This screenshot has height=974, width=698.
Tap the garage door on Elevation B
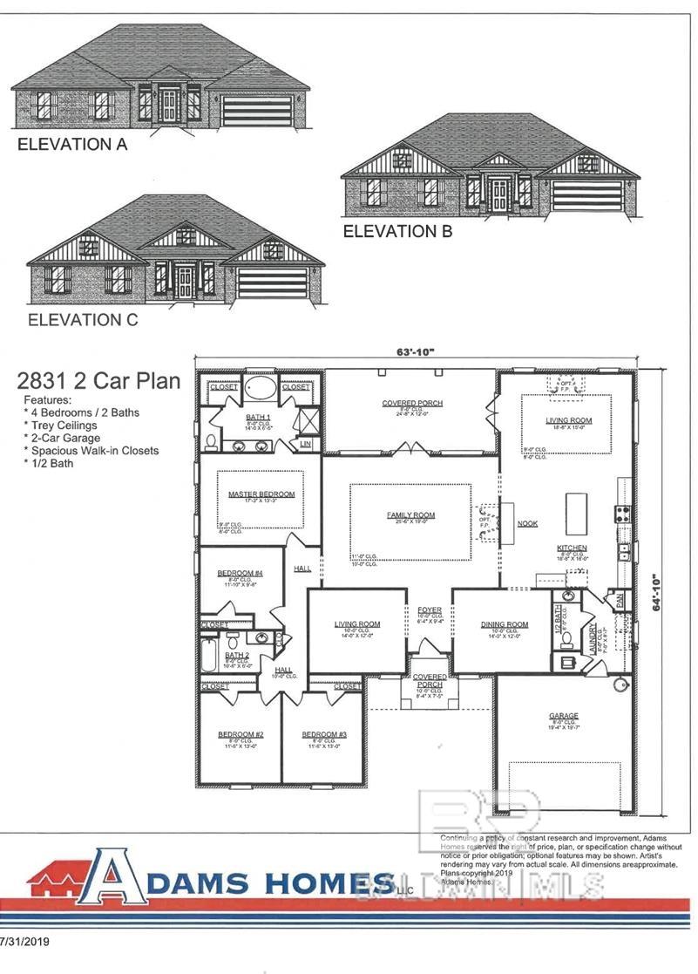coord(587,194)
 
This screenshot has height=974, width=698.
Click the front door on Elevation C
coord(185,281)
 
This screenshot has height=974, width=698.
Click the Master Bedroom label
coord(261,494)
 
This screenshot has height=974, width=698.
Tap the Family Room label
coord(410,515)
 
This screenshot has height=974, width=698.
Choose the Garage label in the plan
coord(565,716)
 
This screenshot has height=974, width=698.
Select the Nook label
coord(526,524)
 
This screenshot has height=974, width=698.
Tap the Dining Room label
coord(505,624)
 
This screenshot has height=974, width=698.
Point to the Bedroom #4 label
coord(240,573)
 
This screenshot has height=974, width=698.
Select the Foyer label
coord(430,610)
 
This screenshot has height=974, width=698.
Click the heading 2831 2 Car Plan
coord(98,381)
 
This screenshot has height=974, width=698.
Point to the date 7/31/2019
coord(25,943)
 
